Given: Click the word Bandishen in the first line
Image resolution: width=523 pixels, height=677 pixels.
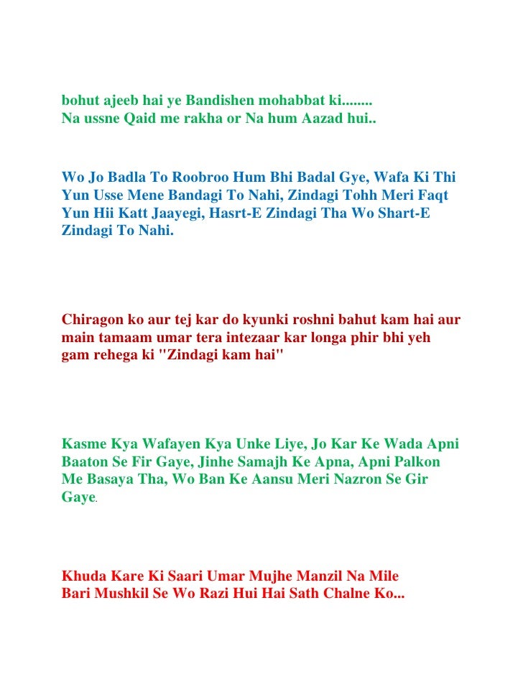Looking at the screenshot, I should click(x=205, y=100).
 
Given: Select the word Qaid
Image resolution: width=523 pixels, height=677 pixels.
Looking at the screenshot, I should click(x=144, y=117).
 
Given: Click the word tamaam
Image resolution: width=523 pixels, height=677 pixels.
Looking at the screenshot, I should click(x=126, y=336).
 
